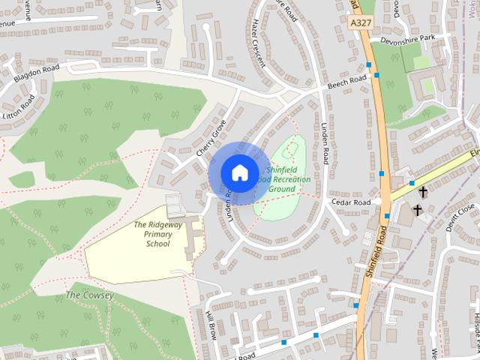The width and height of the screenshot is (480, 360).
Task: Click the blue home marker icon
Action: click(239, 172)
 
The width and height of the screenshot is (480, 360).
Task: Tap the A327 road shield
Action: click(361, 23)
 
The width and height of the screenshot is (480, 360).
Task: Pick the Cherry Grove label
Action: click(211, 139)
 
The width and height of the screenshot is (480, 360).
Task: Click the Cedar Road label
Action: click(352, 203)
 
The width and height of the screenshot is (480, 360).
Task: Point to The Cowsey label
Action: click(89, 295)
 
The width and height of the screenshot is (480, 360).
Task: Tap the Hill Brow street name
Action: click(211, 325)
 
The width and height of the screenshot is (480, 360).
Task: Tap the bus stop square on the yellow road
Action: click(412, 183)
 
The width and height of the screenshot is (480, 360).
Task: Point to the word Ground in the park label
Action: click(281, 190)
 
